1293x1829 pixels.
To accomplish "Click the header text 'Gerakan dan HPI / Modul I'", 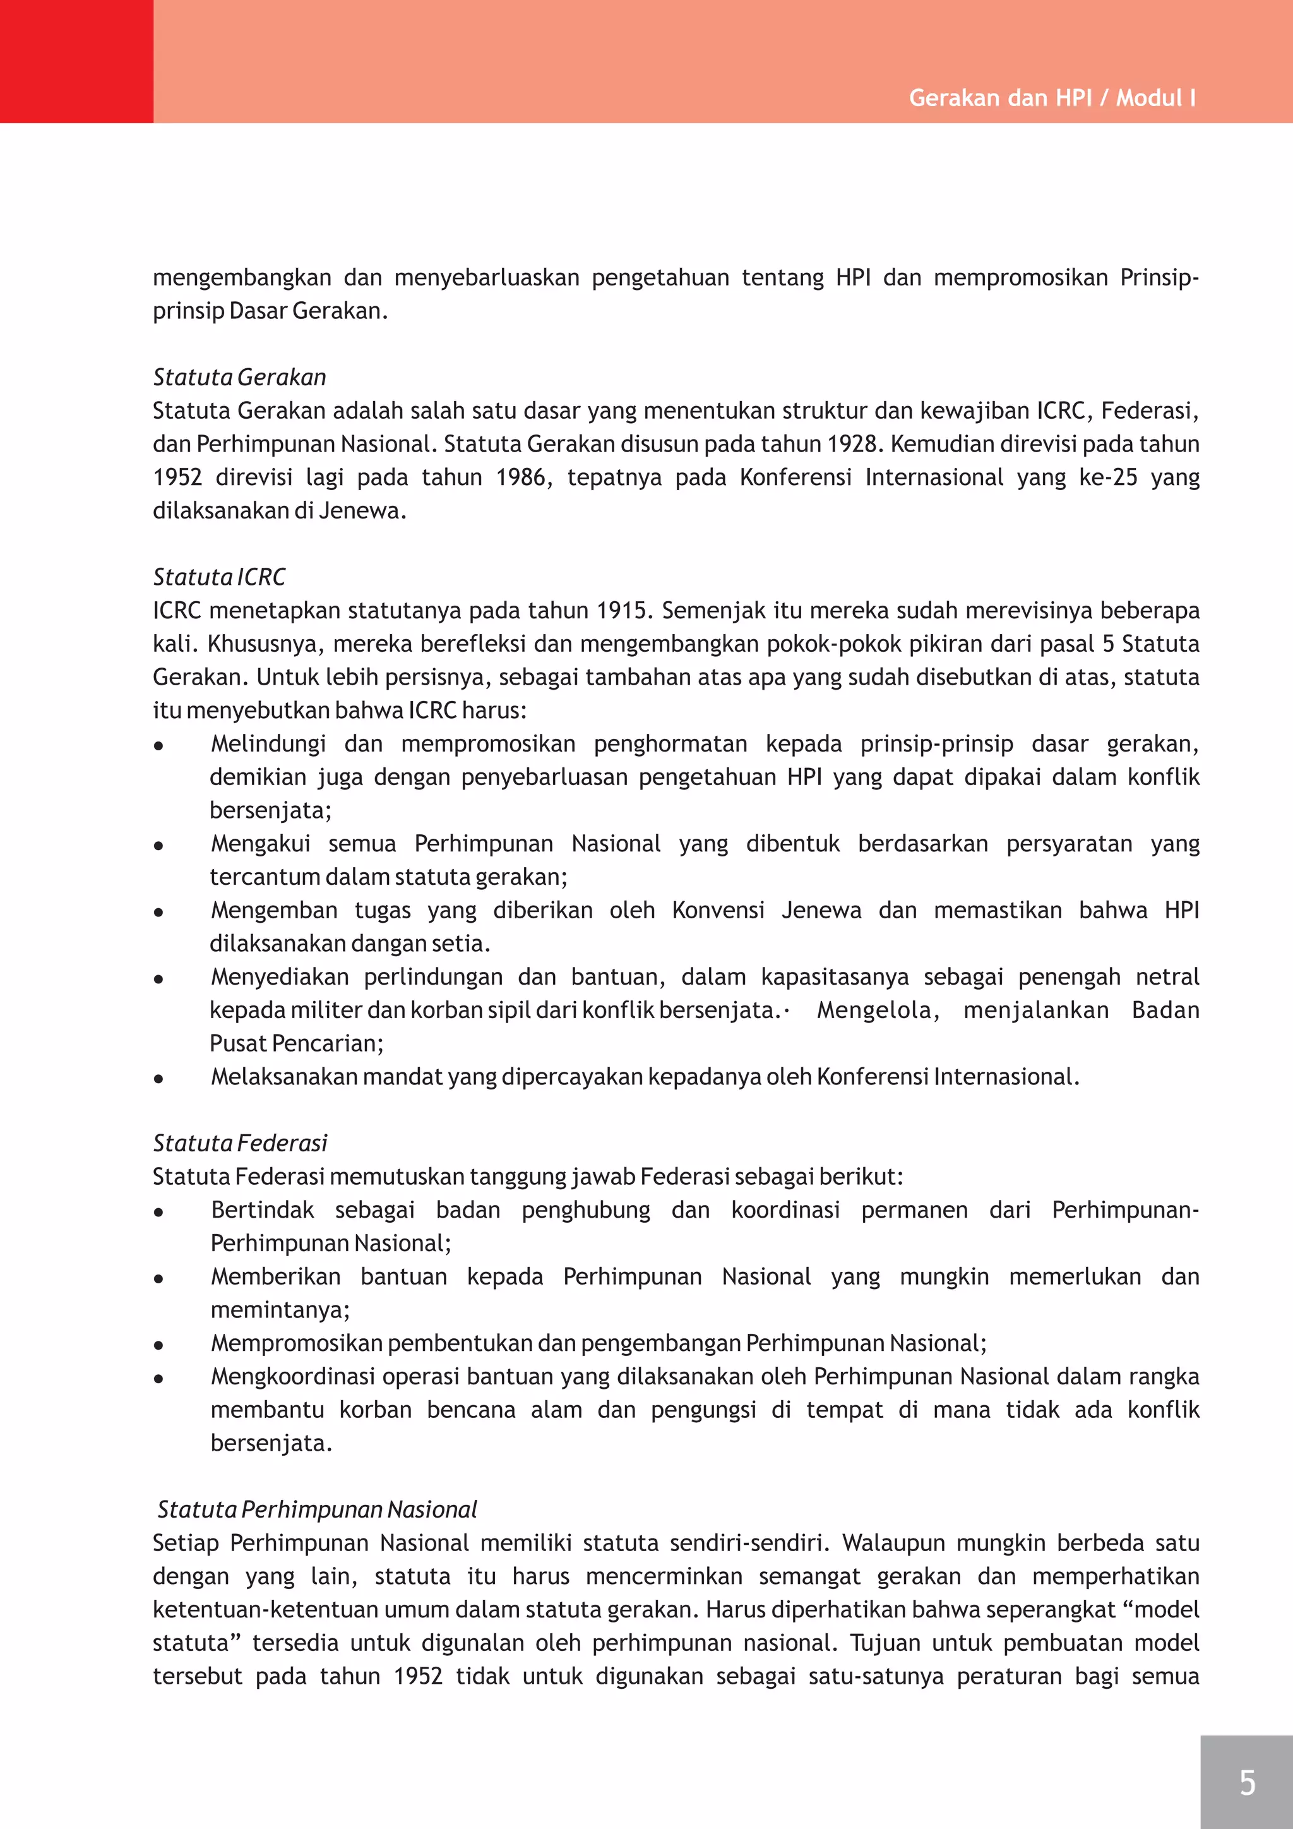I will click(1052, 98).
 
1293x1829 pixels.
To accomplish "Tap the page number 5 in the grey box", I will click(1247, 1782).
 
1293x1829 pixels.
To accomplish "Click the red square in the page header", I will click(76, 61).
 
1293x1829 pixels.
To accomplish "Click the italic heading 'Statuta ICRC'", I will click(219, 577).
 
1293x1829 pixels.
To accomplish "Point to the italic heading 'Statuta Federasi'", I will click(240, 1143).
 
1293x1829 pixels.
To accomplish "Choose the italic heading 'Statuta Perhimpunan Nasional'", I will click(317, 1509).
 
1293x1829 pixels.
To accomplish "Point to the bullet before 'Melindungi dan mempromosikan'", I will click(159, 746).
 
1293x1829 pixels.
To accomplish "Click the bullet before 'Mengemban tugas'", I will click(159, 912).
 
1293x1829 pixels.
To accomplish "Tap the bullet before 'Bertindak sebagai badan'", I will click(159, 1211).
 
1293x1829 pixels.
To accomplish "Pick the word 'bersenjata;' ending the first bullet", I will click(270, 810).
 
